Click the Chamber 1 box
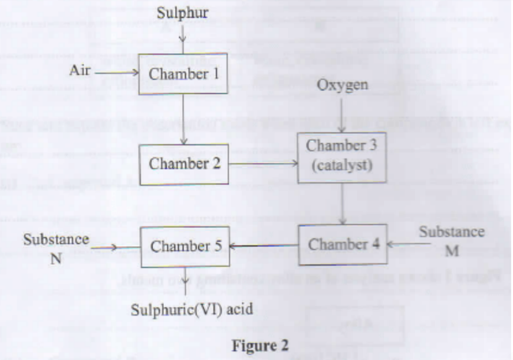click(182, 73)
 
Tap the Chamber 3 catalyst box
click(341, 156)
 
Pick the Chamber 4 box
click(343, 244)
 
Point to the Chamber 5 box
click(185, 246)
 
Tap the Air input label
click(80, 71)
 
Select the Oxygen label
click(343, 86)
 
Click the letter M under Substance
click(452, 251)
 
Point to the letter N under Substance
click(56, 258)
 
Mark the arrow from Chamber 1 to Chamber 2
click(183, 119)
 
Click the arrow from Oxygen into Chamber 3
click(342, 113)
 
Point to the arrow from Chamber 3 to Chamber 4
click(343, 203)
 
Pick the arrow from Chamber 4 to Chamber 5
click(264, 246)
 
